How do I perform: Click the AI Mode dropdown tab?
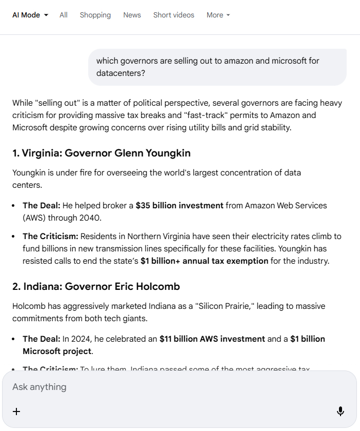coord(30,15)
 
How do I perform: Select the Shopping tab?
coord(95,15)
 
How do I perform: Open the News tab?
coord(132,15)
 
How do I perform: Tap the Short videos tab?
coord(173,15)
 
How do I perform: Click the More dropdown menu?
coord(218,15)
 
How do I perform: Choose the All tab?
coord(64,15)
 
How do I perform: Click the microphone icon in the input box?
coord(340,411)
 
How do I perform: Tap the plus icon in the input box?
coord(16,411)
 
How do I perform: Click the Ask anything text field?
coord(154,386)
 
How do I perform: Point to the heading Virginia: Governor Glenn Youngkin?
coord(102,153)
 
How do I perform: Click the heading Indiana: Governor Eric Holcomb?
coord(96,286)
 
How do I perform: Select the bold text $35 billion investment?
coord(179,205)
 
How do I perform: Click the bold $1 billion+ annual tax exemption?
coord(204,261)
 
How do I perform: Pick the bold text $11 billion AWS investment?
coord(212,339)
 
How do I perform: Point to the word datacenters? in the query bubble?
coord(121,73)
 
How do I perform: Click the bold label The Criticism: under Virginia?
coord(50,236)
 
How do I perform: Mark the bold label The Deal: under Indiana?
coord(42,339)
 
